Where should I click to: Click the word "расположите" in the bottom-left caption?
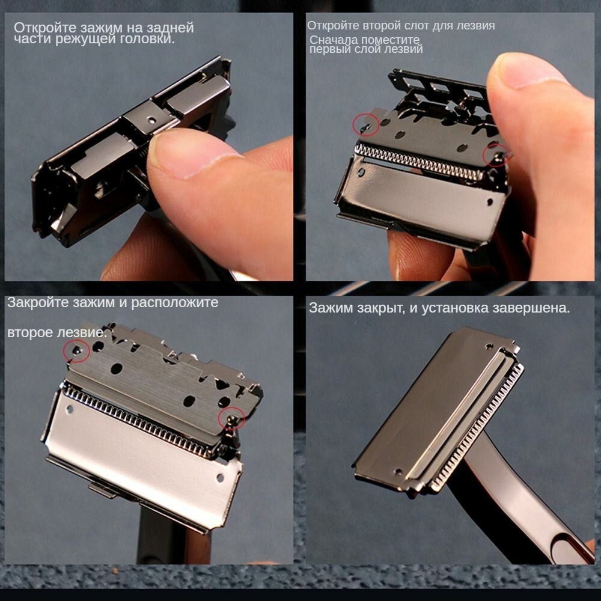click(x=175, y=303)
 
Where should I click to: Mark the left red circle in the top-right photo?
click(x=365, y=124)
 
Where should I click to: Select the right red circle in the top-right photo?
click(x=496, y=155)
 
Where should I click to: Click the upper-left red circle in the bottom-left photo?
click(x=76, y=351)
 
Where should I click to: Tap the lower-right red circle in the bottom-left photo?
click(x=231, y=418)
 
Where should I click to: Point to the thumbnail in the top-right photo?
click(x=529, y=71)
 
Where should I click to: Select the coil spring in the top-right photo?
click(x=419, y=161)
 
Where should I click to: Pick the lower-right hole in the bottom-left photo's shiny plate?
click(x=220, y=478)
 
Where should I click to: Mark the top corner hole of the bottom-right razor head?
click(x=489, y=347)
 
